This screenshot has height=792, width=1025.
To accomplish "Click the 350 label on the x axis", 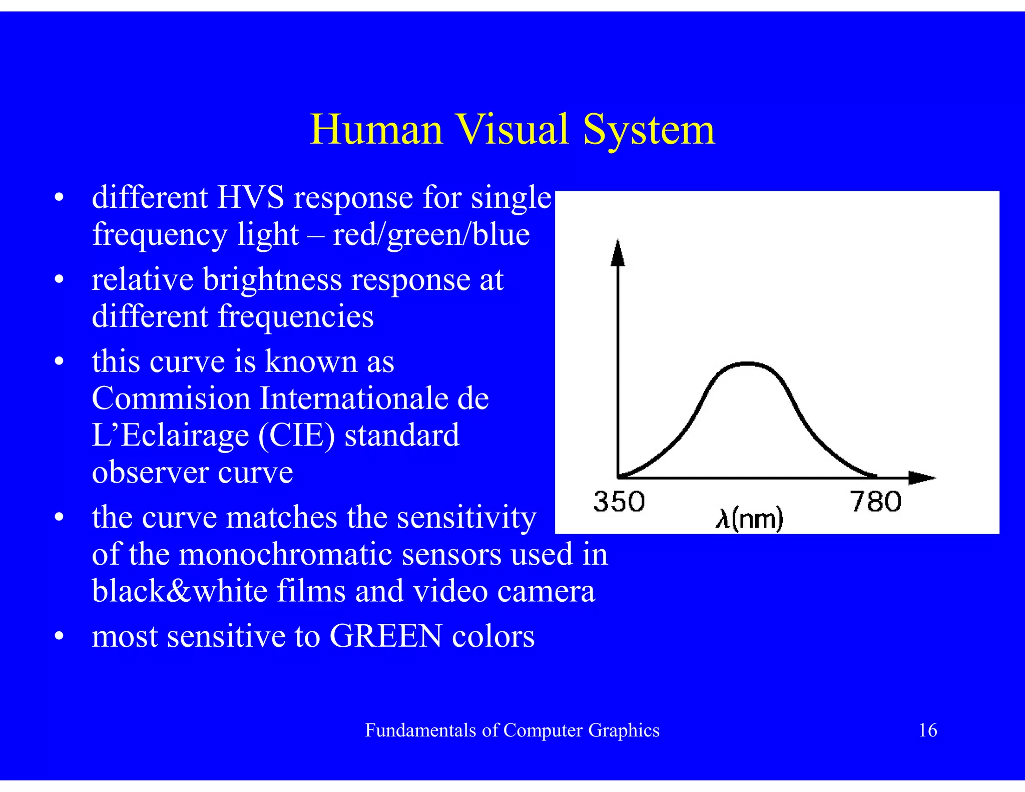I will [x=619, y=502].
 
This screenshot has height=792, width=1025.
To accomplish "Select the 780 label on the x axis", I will [x=875, y=502].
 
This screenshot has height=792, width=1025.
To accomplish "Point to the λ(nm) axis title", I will [x=749, y=519].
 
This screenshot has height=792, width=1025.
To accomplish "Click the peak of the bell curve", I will [x=747, y=363].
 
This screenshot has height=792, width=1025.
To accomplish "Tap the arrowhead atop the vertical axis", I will [x=618, y=253].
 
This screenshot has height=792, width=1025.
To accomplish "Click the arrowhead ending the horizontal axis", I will [x=921, y=478].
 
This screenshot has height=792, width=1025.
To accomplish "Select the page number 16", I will [x=927, y=730].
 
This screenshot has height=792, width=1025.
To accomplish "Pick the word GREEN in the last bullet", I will [x=386, y=636].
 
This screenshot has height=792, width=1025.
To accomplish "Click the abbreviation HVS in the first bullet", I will [x=250, y=197].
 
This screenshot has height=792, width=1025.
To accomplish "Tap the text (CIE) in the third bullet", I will [x=296, y=435].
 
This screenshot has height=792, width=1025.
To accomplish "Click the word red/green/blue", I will [x=431, y=235].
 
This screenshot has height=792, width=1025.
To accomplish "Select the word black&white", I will [x=180, y=591].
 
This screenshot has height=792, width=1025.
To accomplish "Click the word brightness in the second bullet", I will [x=272, y=279].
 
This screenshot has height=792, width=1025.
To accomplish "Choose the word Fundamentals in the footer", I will [x=420, y=731].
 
